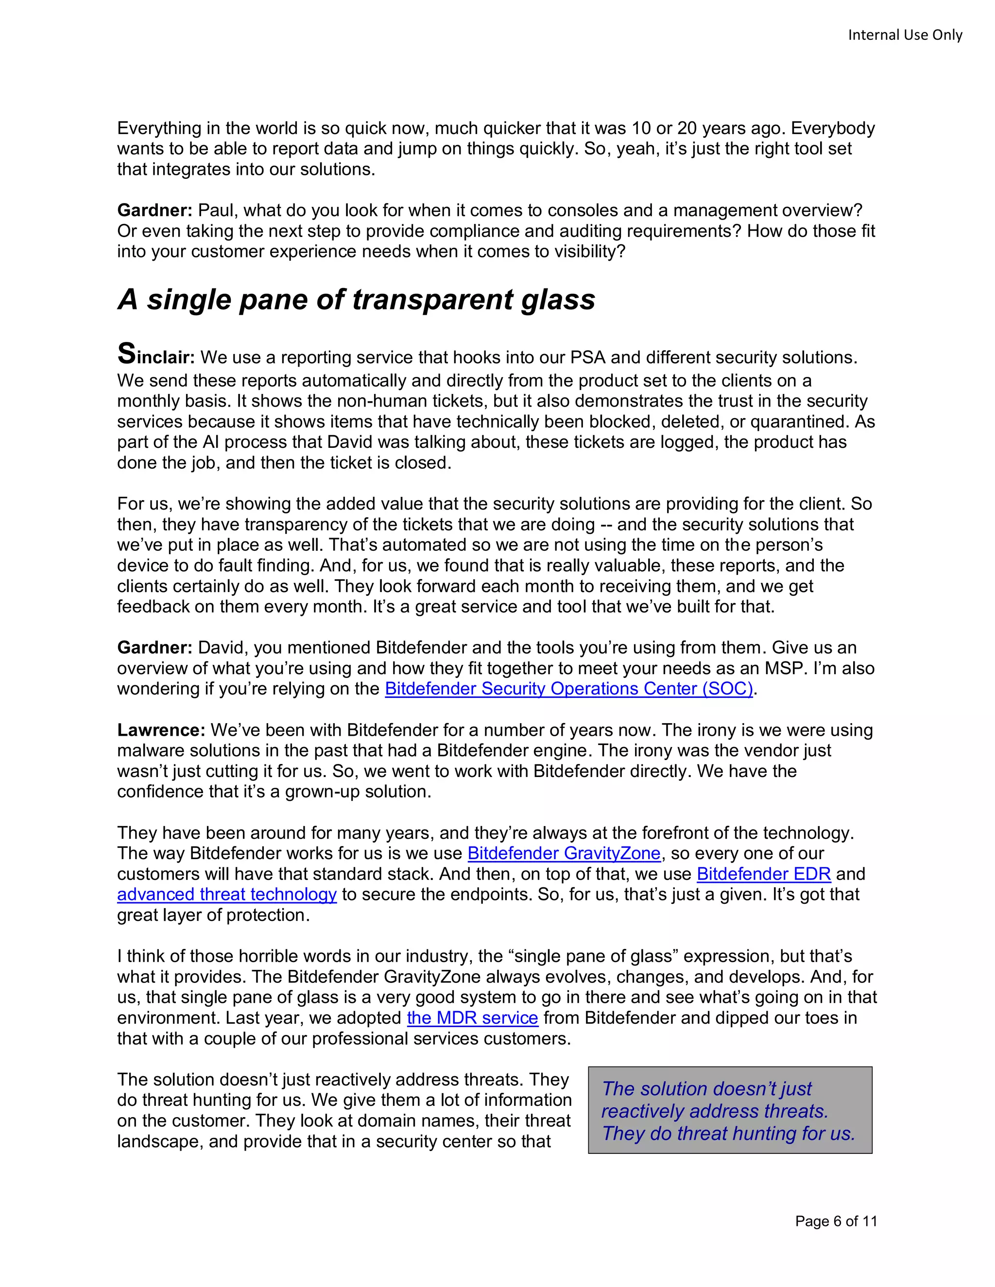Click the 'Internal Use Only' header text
coord(904,35)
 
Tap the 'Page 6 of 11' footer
coord(835,1221)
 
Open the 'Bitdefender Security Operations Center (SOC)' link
coord(568,688)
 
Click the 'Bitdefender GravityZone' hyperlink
coord(564,853)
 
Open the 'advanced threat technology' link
coord(226,895)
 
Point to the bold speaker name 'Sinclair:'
coord(155,356)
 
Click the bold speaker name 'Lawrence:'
coord(161,729)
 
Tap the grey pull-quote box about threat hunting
coord(730,1111)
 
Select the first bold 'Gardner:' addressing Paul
coord(154,210)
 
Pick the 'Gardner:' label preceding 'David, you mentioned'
coord(154,647)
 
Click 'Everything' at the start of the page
coord(159,129)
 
